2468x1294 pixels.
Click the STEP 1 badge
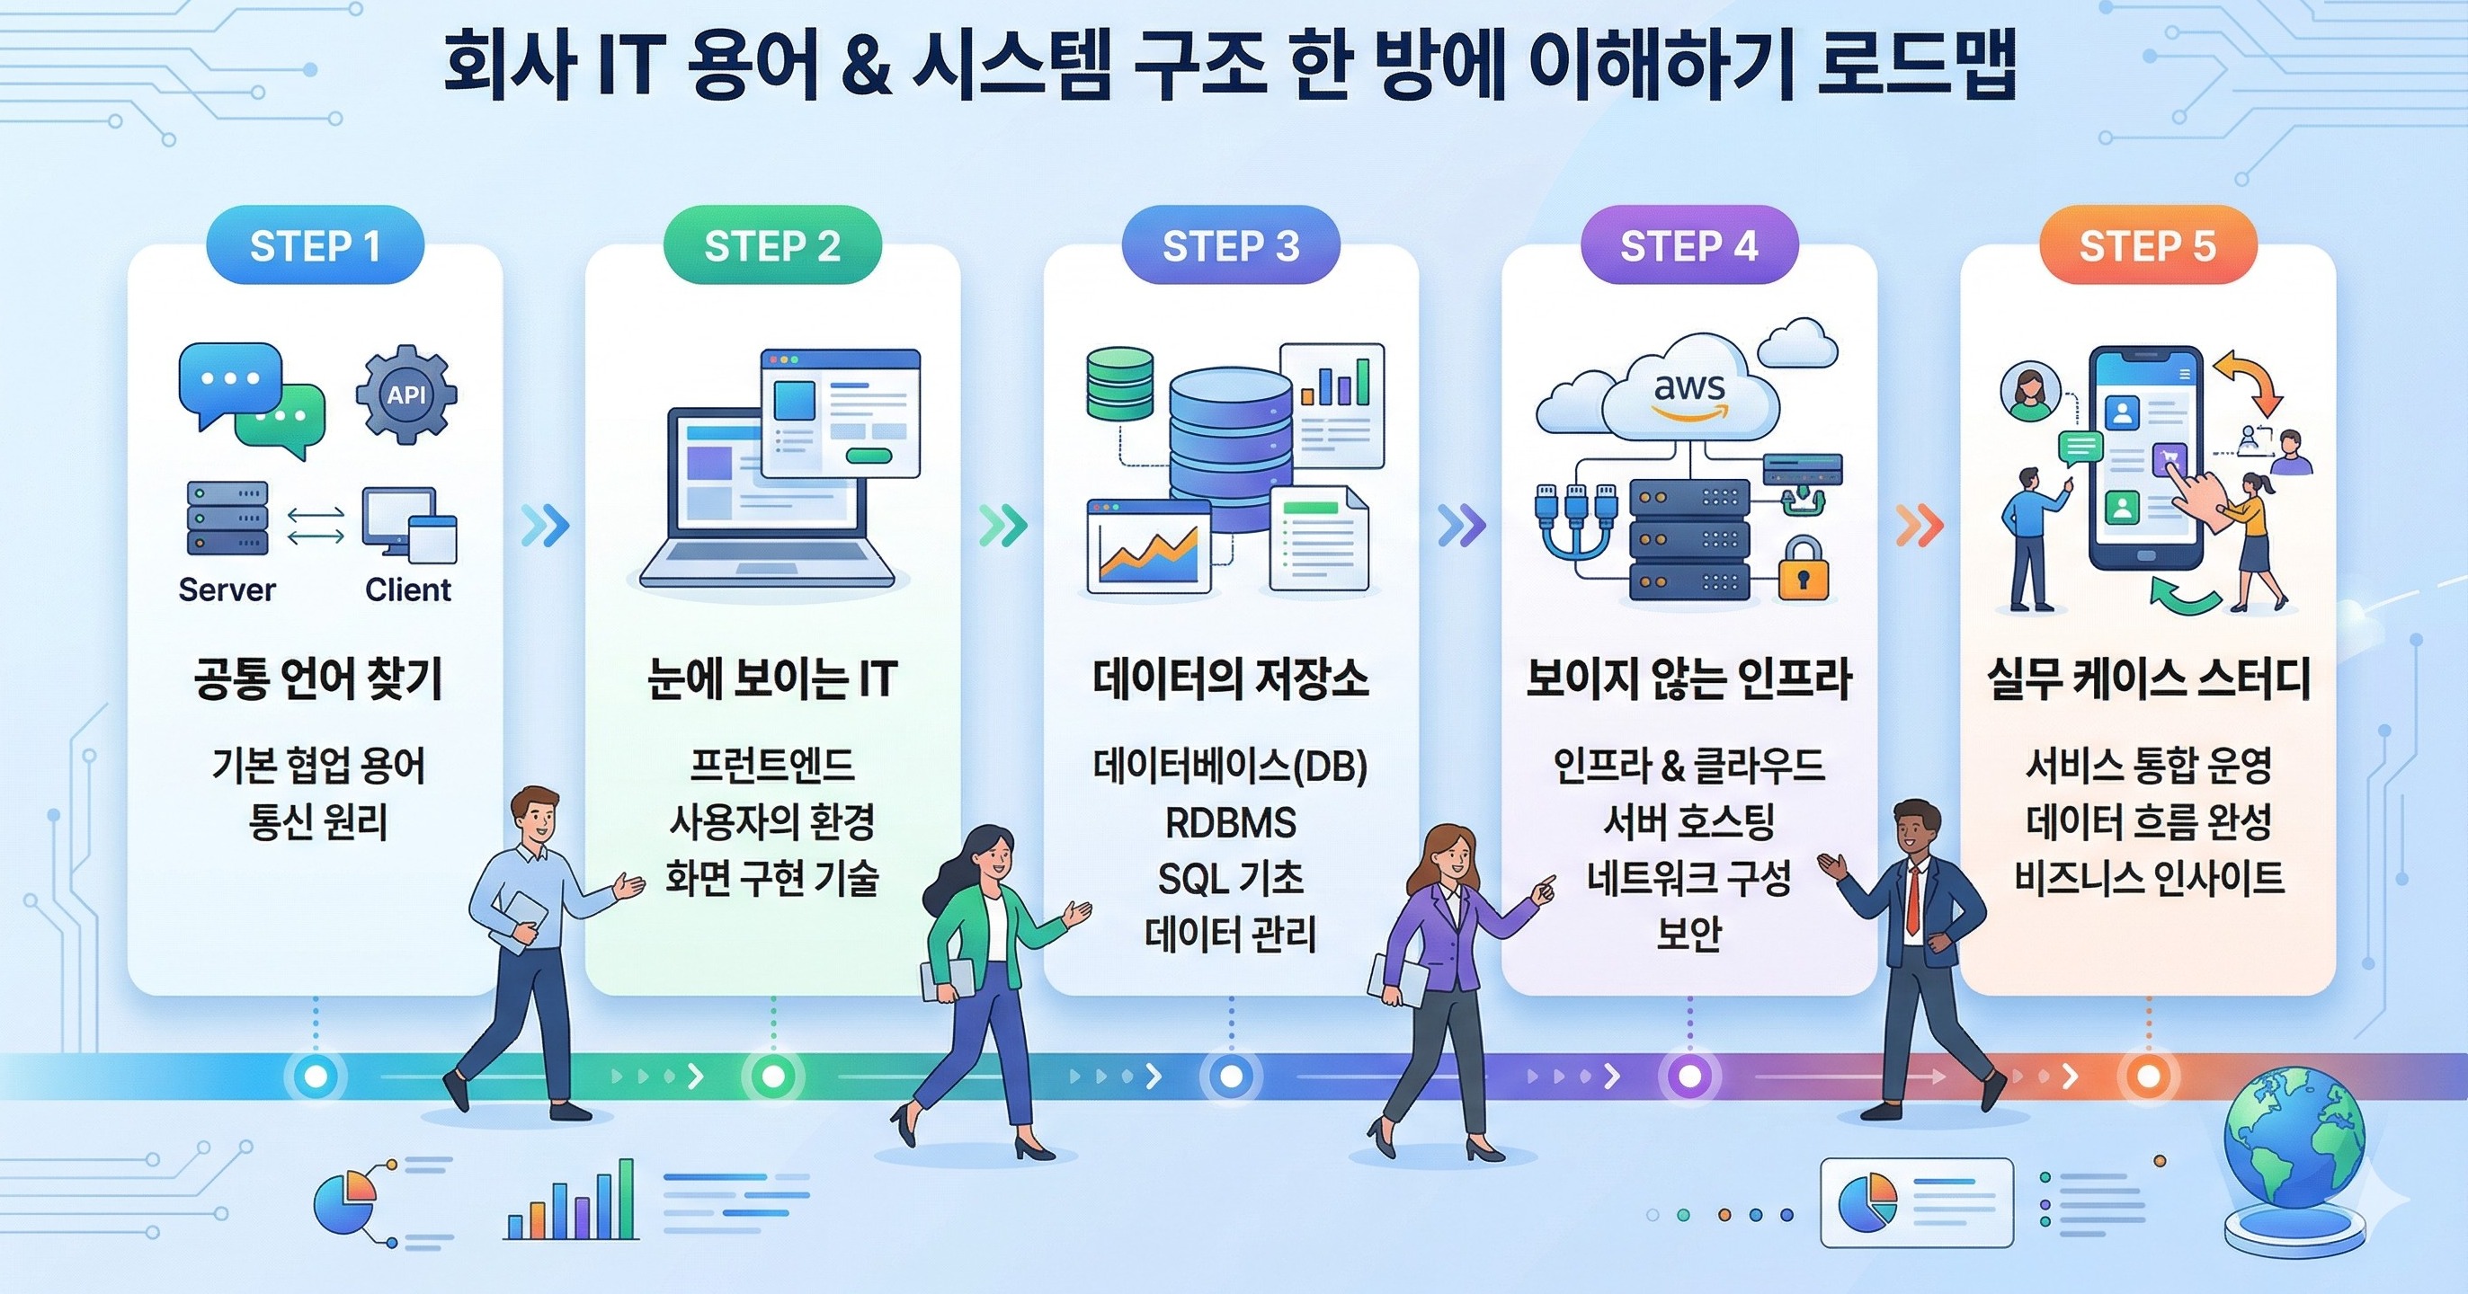[x=316, y=246]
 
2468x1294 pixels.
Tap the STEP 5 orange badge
[x=2147, y=246]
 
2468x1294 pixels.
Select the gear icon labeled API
[x=406, y=394]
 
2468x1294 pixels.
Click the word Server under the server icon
[x=227, y=589]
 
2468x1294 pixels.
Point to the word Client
[x=408, y=589]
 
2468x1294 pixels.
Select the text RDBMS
[x=1230, y=822]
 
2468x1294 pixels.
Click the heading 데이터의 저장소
[x=1230, y=679]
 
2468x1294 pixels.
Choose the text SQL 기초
[x=1230, y=877]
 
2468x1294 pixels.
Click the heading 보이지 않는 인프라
[x=1688, y=679]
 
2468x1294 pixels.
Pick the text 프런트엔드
[x=772, y=766]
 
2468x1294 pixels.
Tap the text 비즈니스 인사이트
[x=2149, y=877]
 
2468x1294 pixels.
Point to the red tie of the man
[x=1912, y=900]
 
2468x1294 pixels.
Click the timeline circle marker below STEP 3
[x=1231, y=1076]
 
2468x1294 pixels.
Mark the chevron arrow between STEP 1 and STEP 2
[x=545, y=525]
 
